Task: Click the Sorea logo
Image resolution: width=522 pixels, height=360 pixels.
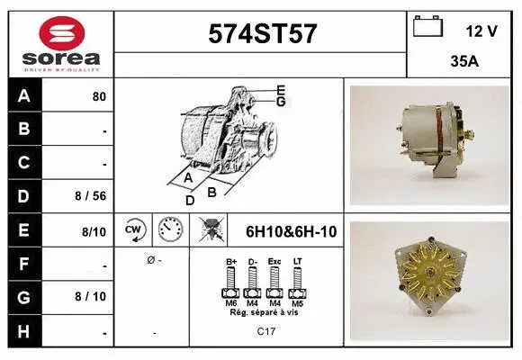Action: pyautogui.click(x=61, y=42)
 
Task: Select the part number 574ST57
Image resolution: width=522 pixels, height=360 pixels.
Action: pyautogui.click(x=262, y=33)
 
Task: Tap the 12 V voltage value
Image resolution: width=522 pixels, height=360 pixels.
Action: pyautogui.click(x=481, y=31)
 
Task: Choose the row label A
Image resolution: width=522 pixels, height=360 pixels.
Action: pyautogui.click(x=23, y=96)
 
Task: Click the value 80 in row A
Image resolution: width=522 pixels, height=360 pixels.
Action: pyautogui.click(x=99, y=96)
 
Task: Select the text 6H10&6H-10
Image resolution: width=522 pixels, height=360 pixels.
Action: pyautogui.click(x=291, y=231)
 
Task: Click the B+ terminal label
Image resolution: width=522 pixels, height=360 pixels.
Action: pyautogui.click(x=229, y=262)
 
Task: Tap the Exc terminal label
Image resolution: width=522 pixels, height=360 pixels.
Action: pyautogui.click(x=274, y=262)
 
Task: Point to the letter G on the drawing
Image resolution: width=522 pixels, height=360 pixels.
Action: pyautogui.click(x=281, y=102)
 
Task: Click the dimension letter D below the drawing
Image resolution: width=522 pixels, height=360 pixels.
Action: pyautogui.click(x=190, y=200)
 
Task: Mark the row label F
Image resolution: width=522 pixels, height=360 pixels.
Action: pyautogui.click(x=23, y=263)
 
